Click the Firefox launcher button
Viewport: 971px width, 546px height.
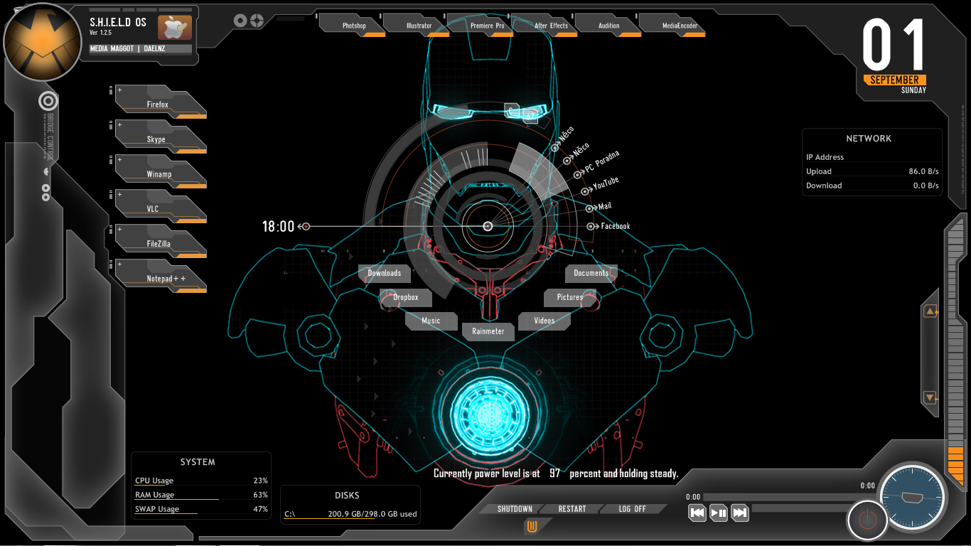(159, 104)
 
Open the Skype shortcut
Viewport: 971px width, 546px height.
(157, 139)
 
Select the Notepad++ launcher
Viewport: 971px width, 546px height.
(166, 278)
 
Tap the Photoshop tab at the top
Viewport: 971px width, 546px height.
(354, 26)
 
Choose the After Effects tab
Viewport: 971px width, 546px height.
(551, 26)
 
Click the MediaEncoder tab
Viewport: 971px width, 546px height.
(680, 26)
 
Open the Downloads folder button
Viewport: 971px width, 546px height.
(385, 273)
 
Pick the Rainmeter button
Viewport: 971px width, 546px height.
(488, 331)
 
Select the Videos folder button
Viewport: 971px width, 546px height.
(544, 321)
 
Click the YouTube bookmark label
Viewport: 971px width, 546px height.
(606, 183)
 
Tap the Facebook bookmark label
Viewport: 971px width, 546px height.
(616, 226)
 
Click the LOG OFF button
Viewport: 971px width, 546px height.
(632, 509)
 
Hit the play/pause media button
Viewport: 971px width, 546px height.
(719, 513)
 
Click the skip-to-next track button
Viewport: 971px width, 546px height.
(740, 513)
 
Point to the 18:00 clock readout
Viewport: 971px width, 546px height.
(278, 227)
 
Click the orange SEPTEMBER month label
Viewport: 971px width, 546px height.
(894, 80)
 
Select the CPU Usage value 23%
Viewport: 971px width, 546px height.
(260, 481)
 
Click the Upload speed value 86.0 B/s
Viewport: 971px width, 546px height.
(923, 171)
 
